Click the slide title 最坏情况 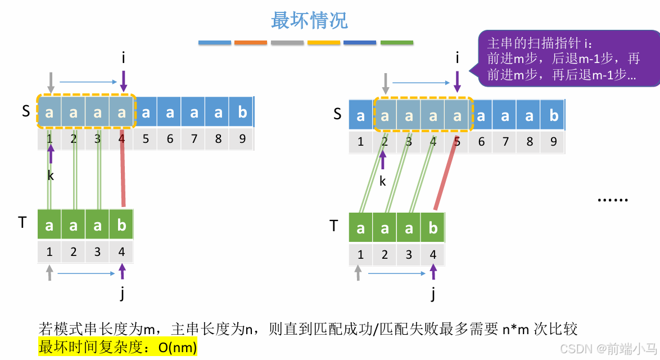(309, 20)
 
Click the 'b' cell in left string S (242, 112)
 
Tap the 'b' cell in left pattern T (121, 225)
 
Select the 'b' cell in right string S (553, 115)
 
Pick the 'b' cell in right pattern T (433, 228)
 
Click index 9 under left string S (242, 139)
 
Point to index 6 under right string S (481, 142)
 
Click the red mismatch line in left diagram (123, 168)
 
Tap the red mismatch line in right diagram (446, 173)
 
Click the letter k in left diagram (51, 175)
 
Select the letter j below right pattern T (433, 294)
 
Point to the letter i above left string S (123, 58)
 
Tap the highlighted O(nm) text (178, 347)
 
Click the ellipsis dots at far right (613, 200)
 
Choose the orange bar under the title (250, 43)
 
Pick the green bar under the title (397, 43)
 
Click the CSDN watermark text (609, 349)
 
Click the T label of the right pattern (334, 226)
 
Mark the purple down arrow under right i (457, 82)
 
